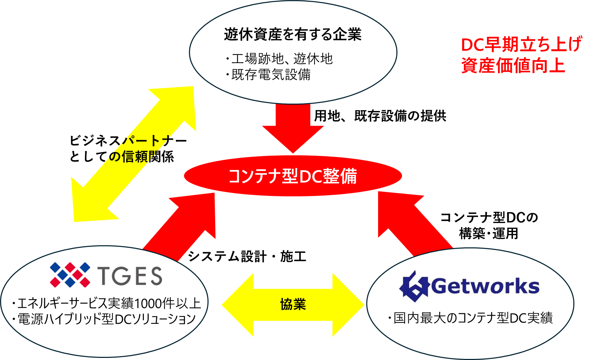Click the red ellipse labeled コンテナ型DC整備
tap(293, 176)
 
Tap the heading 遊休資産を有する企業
tap(293, 35)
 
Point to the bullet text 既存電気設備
tap(268, 74)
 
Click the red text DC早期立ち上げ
tap(521, 44)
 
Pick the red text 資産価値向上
tap(513, 65)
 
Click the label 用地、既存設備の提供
tap(380, 116)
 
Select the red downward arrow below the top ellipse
tap(293, 128)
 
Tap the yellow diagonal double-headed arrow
tap(134, 154)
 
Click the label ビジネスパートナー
tap(129, 140)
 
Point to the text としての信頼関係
tap(122, 157)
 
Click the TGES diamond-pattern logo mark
tap(70, 275)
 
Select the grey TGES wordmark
tap(130, 275)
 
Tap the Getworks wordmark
tap(485, 286)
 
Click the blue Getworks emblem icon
tap(414, 287)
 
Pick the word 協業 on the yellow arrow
tap(293, 304)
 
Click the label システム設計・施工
tap(247, 256)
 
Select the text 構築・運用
tap(488, 233)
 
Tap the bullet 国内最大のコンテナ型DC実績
tap(470, 318)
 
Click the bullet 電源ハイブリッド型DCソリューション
tap(104, 319)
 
